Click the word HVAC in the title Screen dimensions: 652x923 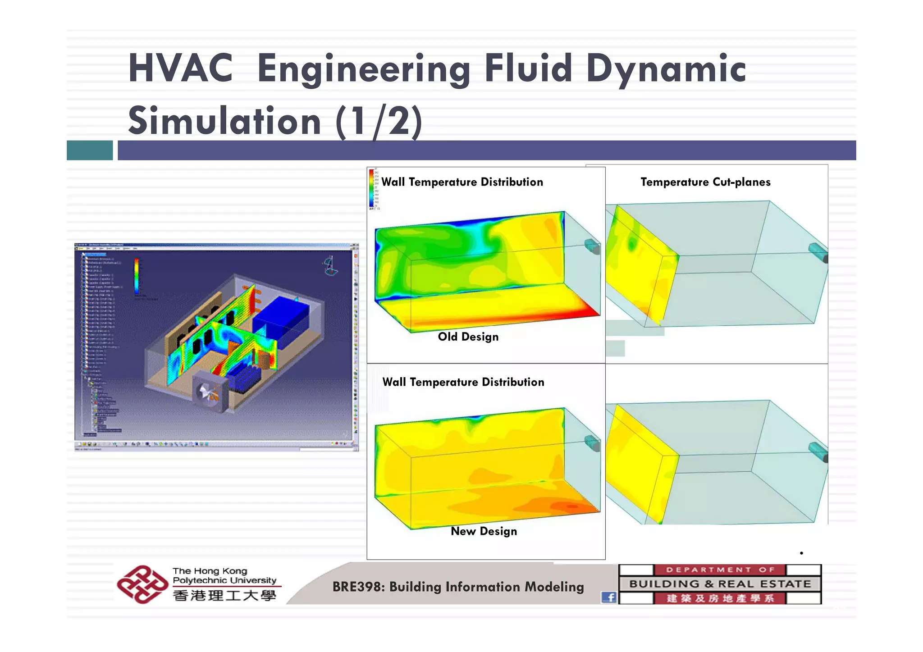coord(180,68)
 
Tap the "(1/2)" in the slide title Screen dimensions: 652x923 coord(379,121)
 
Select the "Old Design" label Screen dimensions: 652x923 coord(468,337)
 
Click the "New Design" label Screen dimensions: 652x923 coord(484,531)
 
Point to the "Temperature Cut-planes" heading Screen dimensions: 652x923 coord(705,182)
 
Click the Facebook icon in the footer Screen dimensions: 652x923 coord(609,597)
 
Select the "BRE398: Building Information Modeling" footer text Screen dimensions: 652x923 coord(458,587)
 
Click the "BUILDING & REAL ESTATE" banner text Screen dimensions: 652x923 coord(720,584)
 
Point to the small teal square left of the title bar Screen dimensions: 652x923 coord(90,150)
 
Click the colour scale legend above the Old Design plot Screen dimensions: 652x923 coord(372,189)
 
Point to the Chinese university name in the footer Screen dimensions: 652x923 coord(224,596)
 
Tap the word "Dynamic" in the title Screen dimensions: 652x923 coord(666,68)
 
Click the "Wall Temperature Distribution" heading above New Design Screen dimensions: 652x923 coord(463,382)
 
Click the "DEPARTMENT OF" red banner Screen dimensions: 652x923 coord(719,570)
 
